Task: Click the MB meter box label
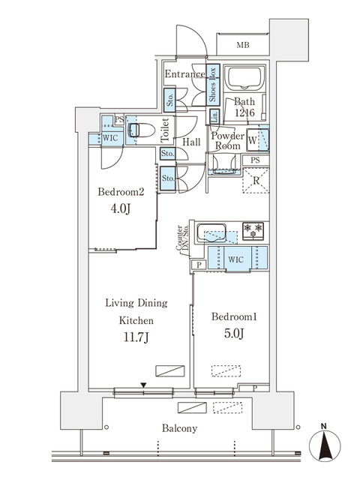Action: (x=243, y=45)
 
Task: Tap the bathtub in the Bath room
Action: (x=244, y=78)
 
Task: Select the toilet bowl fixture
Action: (x=142, y=130)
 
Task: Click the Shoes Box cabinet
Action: (x=213, y=85)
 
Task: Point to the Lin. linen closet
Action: (x=214, y=117)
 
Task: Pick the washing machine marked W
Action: (x=258, y=140)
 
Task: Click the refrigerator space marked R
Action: (x=256, y=180)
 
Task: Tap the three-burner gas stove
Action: (x=253, y=230)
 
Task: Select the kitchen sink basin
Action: (x=211, y=233)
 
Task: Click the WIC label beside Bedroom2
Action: (x=110, y=138)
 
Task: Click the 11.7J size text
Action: (x=136, y=337)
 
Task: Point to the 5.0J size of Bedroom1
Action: (x=234, y=333)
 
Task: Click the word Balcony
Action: (x=179, y=428)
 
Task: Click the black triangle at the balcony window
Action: (x=143, y=385)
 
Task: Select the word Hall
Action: (x=191, y=142)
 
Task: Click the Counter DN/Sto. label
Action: (x=182, y=238)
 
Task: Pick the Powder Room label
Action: (x=227, y=141)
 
